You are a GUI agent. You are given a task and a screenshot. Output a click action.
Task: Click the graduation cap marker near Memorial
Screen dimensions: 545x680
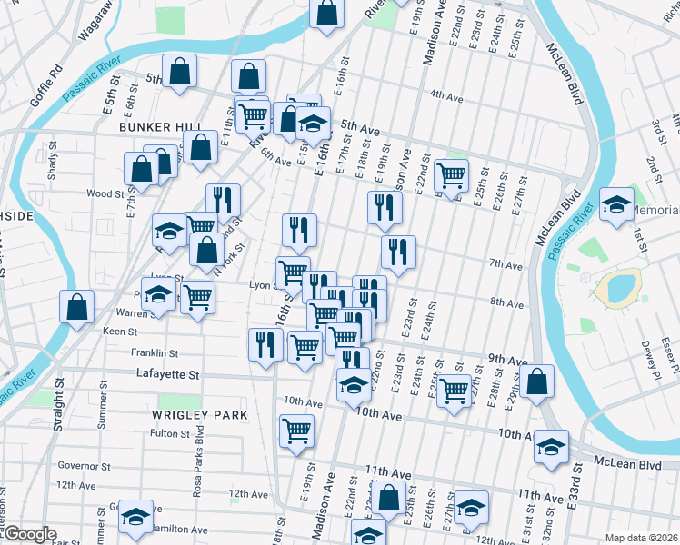pyautogui.click(x=615, y=204)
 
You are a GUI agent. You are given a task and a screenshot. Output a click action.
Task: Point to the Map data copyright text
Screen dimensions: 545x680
pyautogui.click(x=641, y=538)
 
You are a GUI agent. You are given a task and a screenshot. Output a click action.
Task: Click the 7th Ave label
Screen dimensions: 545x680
pyautogui.click(x=505, y=264)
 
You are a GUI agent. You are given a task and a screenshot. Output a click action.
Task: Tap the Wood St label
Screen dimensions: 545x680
pyautogui.click(x=105, y=193)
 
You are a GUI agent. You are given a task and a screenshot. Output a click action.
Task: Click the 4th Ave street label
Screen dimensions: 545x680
pyautogui.click(x=447, y=94)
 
